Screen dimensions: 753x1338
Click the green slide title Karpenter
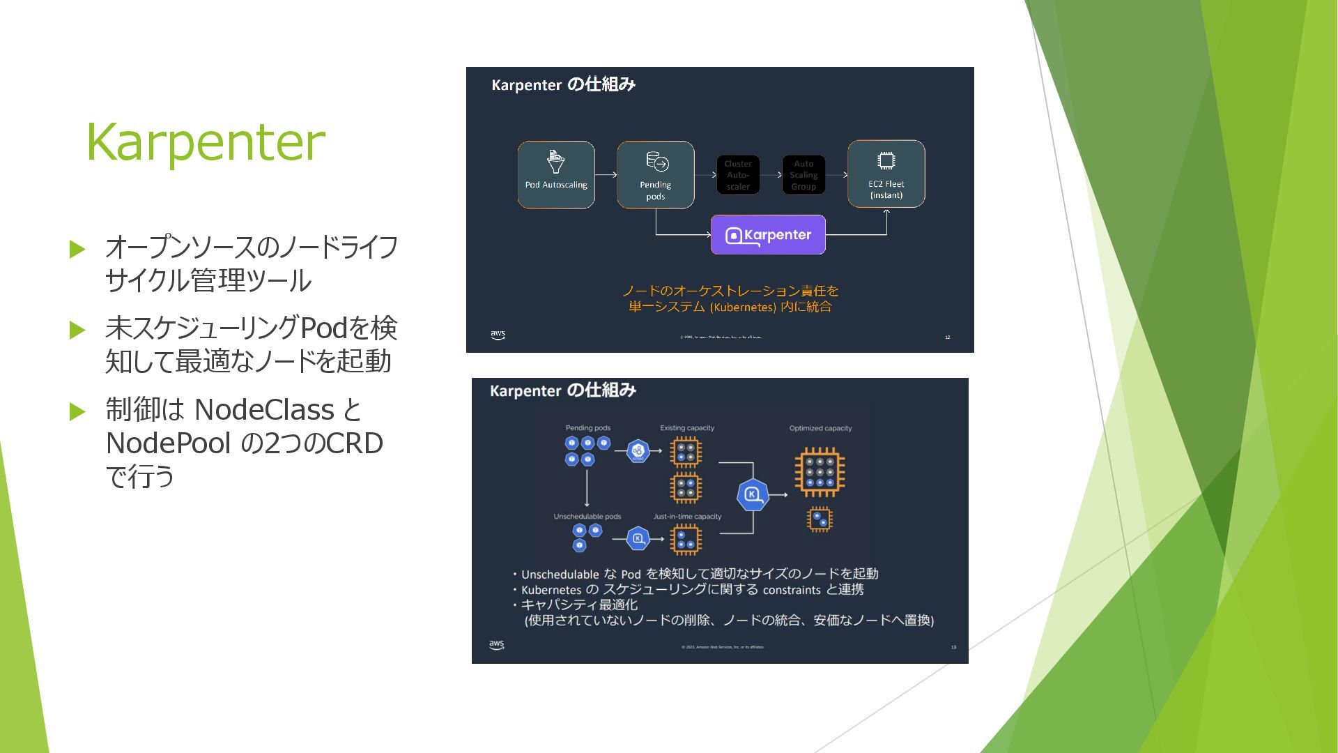point(206,142)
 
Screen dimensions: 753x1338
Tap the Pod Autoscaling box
point(556,174)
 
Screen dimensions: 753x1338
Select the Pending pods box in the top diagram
point(655,174)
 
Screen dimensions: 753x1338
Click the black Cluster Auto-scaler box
point(738,175)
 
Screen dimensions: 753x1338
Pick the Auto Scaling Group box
point(803,175)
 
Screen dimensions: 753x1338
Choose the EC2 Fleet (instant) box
point(886,174)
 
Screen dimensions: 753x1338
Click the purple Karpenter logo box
point(768,235)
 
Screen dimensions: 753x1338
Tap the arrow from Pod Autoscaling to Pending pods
point(606,174)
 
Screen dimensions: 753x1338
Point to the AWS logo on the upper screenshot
point(498,335)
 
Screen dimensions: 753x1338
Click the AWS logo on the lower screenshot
point(497,645)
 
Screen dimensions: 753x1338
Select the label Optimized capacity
point(820,428)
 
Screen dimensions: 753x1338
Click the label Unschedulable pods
point(587,517)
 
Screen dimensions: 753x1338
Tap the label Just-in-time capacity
point(687,517)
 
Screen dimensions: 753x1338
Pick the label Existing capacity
point(687,428)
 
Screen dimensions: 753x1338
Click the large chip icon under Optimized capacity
point(820,472)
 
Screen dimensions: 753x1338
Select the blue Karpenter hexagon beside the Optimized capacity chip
point(753,495)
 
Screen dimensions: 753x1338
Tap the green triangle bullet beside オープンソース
point(77,249)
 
